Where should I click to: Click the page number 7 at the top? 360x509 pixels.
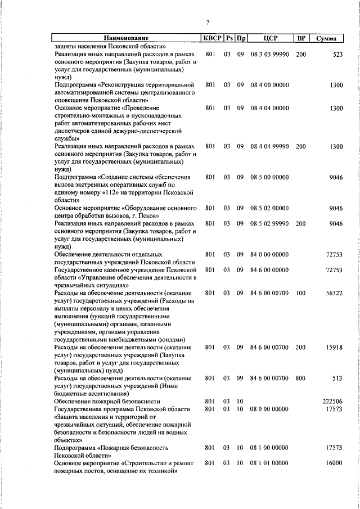(208, 22)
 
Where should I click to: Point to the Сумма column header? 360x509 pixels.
(326, 38)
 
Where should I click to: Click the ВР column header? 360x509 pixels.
(301, 38)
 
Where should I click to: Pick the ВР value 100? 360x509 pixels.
(301, 293)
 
